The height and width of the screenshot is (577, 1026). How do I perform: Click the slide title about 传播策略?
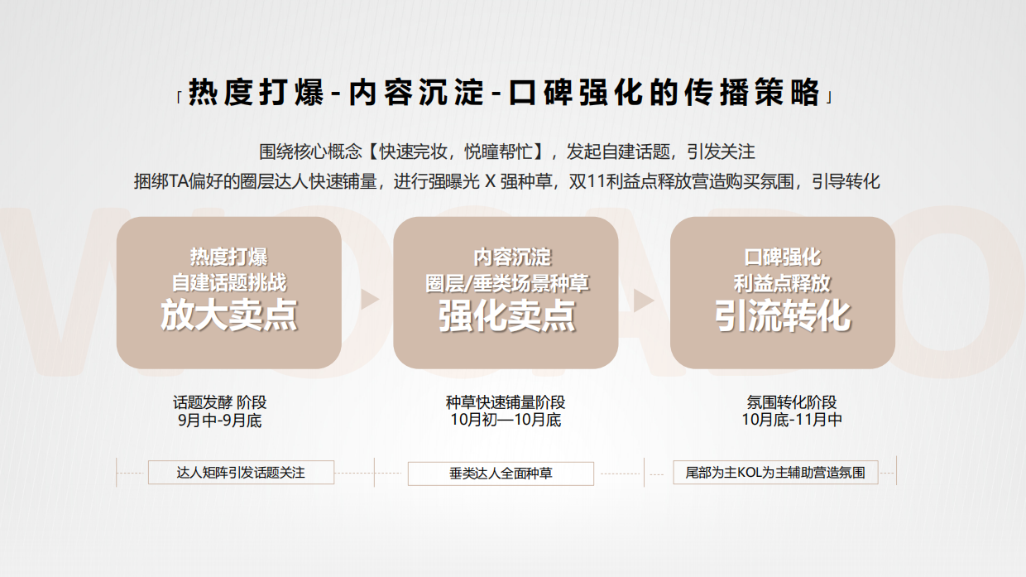[x=505, y=93]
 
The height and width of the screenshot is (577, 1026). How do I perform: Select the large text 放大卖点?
[x=228, y=316]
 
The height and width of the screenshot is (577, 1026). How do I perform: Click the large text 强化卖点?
[x=506, y=316]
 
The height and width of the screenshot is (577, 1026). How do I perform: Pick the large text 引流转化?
[x=783, y=316]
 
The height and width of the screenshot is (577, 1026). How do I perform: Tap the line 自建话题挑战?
[x=228, y=282]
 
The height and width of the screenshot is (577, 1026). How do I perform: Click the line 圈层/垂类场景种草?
[x=506, y=282]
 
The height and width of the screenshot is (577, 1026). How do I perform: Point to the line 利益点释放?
[x=783, y=282]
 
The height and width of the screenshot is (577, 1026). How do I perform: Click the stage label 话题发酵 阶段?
[x=220, y=402]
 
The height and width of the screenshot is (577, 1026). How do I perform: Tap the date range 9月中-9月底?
[x=220, y=421]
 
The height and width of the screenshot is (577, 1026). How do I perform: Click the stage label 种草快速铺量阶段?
[x=506, y=402]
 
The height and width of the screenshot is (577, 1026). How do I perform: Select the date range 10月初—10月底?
[x=506, y=421]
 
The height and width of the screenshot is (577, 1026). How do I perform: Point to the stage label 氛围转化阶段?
[x=792, y=402]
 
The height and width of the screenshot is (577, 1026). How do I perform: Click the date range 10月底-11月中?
[x=792, y=421]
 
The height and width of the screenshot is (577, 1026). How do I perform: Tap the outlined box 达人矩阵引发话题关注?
[x=241, y=473]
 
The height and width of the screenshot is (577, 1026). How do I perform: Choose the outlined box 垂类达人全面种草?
[x=501, y=474]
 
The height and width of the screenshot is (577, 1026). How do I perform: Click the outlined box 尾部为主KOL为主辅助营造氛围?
[x=775, y=473]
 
